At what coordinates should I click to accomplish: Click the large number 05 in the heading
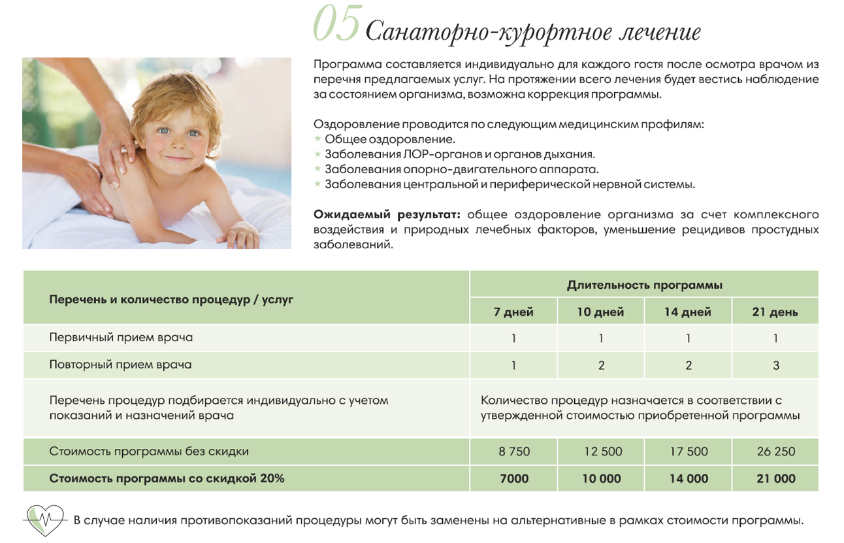pyautogui.click(x=336, y=24)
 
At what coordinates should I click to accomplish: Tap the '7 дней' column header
pyautogui.click(x=513, y=312)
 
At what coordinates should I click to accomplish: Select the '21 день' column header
pyautogui.click(x=775, y=312)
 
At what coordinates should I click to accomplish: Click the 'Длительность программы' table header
pyautogui.click(x=644, y=286)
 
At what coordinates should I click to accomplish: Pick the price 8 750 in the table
pyautogui.click(x=513, y=452)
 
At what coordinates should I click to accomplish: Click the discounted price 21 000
pyautogui.click(x=775, y=478)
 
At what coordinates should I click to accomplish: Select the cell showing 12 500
pyautogui.click(x=601, y=452)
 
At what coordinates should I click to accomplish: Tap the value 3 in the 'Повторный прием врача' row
pyautogui.click(x=775, y=365)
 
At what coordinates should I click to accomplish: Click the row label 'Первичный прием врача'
pyautogui.click(x=121, y=338)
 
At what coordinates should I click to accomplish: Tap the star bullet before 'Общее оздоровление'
pyautogui.click(x=317, y=139)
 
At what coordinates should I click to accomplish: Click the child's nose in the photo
pyautogui.click(x=175, y=140)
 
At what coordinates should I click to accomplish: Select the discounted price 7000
pyautogui.click(x=513, y=478)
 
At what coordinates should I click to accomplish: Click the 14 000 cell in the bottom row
pyautogui.click(x=689, y=478)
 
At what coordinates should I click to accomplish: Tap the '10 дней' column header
pyautogui.click(x=601, y=312)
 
